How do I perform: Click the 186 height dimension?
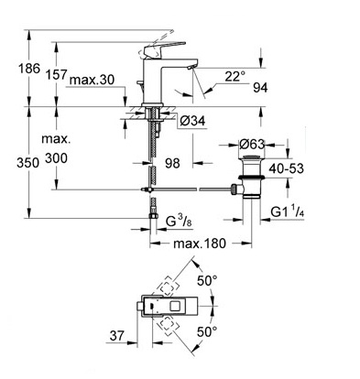pyautogui.click(x=29, y=69)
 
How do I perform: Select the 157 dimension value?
pyautogui.click(x=56, y=74)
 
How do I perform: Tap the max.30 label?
pyautogui.click(x=92, y=80)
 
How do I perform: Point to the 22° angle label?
pyautogui.click(x=235, y=76)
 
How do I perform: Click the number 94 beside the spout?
pyautogui.click(x=260, y=88)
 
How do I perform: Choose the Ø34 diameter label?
pyautogui.click(x=192, y=122)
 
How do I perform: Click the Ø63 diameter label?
pyautogui.click(x=252, y=144)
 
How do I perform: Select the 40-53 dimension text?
pyautogui.click(x=287, y=168)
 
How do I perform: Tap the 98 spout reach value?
pyautogui.click(x=172, y=163)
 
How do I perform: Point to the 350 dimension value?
pyautogui.click(x=28, y=163)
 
